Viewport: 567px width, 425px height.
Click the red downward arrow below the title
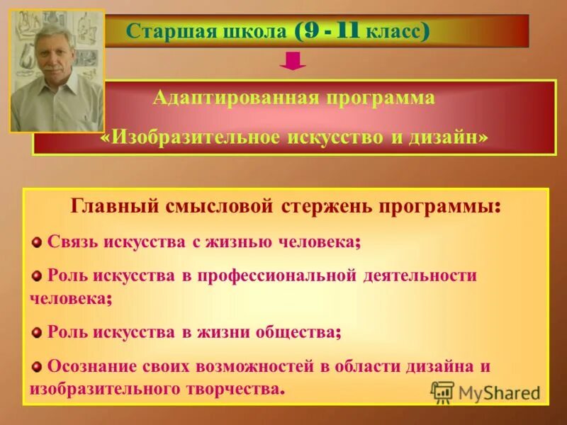[292, 62]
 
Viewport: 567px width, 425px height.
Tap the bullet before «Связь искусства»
[37, 242]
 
